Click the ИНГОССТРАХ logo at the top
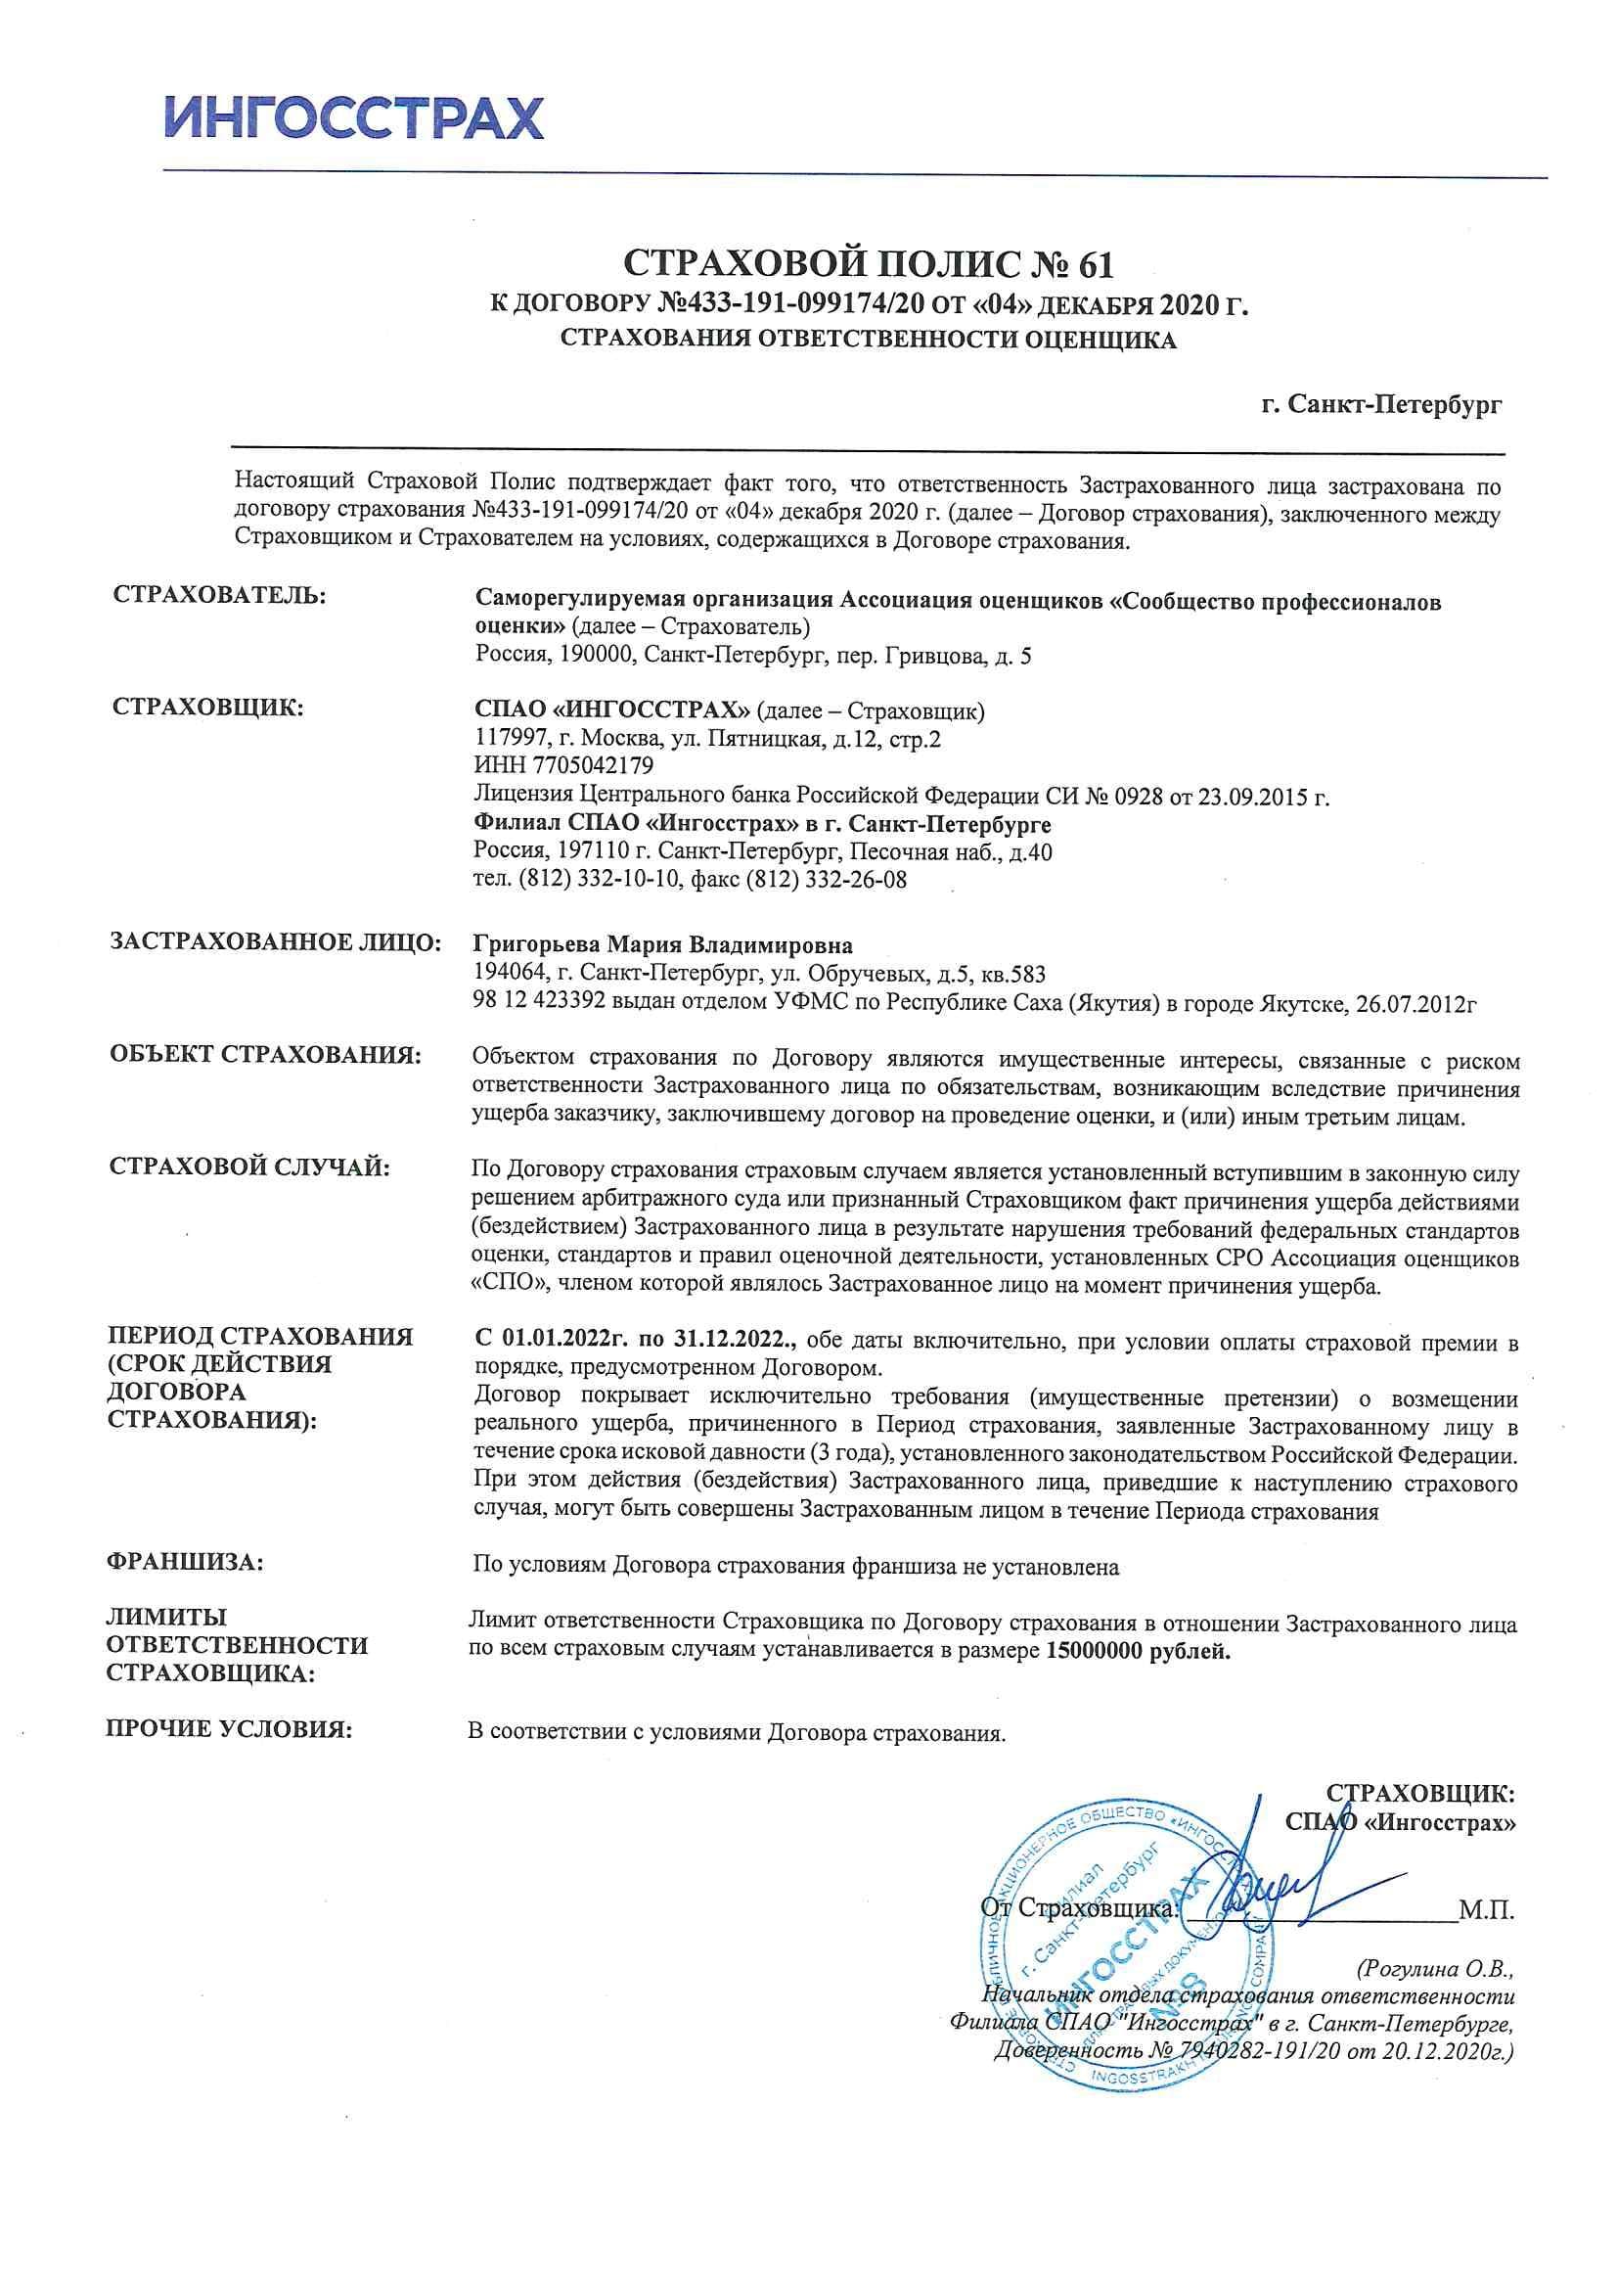coord(354,117)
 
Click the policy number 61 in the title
coord(1091,264)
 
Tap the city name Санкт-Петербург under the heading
coord(1394,404)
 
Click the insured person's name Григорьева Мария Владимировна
coord(663,943)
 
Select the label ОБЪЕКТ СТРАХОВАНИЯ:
coord(265,1055)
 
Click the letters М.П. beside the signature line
coord(1487,1910)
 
